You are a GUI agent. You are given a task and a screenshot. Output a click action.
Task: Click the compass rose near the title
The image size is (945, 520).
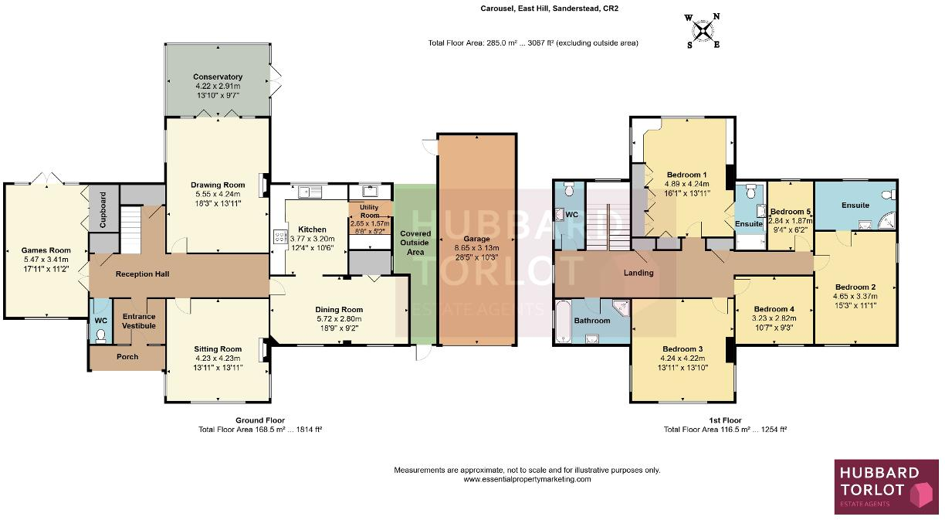coord(703,31)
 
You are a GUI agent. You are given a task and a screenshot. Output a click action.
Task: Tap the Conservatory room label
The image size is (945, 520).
coord(218,76)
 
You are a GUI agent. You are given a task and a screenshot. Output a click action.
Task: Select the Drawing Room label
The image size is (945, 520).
coord(218,185)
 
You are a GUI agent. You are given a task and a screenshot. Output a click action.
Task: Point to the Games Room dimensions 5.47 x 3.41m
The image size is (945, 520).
coord(46,260)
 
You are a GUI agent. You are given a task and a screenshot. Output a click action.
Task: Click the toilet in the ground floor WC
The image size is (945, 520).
coord(100,336)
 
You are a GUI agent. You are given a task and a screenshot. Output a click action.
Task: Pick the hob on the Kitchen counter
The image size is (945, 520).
coord(279,236)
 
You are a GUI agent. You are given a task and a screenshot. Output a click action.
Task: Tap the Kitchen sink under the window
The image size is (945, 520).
coord(310,192)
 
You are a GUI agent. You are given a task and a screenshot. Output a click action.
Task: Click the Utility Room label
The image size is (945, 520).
coord(370,211)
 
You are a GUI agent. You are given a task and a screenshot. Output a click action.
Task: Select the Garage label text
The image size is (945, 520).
coord(476,239)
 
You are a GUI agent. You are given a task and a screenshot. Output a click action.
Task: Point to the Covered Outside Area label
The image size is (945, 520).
coord(415,243)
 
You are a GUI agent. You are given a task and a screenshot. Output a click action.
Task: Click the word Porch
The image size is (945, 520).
coord(127,357)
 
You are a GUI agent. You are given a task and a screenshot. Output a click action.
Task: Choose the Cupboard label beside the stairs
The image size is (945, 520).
coord(103,209)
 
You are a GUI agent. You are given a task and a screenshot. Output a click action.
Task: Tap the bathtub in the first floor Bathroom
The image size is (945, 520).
coord(562,321)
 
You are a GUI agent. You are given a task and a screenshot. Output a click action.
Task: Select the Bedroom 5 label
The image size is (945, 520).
coord(791,212)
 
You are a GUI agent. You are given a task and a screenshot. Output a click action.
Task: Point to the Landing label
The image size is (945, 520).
coord(638,273)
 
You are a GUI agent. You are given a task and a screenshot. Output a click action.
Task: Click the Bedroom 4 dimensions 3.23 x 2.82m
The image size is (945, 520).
coord(774,318)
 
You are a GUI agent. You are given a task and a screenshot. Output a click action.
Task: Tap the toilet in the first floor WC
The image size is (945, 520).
coord(569,189)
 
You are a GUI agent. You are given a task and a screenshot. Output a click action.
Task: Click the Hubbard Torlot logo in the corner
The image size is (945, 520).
coord(887,487)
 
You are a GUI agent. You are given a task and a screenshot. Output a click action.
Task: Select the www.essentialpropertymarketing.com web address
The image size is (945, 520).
coord(527,479)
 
